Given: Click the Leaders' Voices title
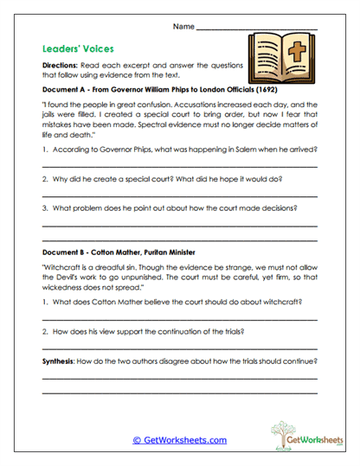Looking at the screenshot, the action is pyautogui.click(x=79, y=49).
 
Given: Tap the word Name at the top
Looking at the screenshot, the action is pyautogui.click(x=183, y=28).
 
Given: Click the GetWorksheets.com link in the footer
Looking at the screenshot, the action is pyautogui.click(x=179, y=440).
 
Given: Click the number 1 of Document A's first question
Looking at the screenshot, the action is pyautogui.click(x=44, y=150).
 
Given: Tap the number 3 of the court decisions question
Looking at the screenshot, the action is pyautogui.click(x=44, y=208).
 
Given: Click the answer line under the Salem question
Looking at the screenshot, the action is pyautogui.click(x=179, y=165).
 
